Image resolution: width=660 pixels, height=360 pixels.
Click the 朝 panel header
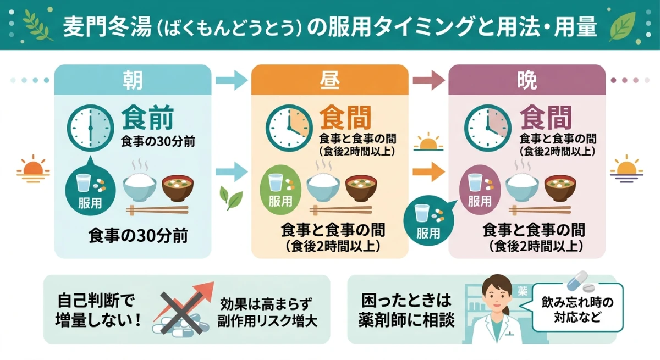pyautogui.click(x=133, y=80)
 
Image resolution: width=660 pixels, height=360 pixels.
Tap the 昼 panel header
pyautogui.click(x=329, y=80)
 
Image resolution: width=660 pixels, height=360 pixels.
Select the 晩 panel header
pyautogui.click(x=527, y=80)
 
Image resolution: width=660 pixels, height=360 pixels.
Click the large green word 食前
pyautogui.click(x=147, y=118)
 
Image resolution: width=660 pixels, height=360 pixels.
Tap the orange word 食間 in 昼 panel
pyautogui.click(x=345, y=118)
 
